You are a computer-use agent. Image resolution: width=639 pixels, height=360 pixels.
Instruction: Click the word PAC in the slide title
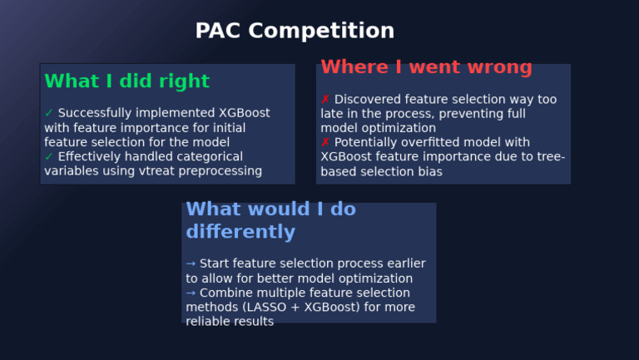click(219, 31)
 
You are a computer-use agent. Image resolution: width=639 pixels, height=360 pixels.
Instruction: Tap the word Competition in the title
click(321, 31)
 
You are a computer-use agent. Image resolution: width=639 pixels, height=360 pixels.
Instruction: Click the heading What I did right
click(126, 81)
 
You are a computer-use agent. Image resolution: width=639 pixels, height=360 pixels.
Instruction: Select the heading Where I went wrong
click(426, 67)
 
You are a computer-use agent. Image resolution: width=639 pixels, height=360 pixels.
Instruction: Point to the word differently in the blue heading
click(240, 231)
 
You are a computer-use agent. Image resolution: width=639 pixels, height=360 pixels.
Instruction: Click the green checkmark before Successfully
click(49, 113)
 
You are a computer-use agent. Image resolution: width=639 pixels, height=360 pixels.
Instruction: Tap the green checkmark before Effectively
click(49, 157)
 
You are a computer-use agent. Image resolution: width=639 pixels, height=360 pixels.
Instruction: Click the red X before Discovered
click(325, 100)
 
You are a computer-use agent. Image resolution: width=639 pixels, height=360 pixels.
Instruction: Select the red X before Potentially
click(325, 143)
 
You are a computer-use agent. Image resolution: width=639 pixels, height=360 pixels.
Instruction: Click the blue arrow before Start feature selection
click(191, 264)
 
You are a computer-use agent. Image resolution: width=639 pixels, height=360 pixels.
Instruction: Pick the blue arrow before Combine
click(191, 293)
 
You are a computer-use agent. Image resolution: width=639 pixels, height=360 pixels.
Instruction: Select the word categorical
click(211, 157)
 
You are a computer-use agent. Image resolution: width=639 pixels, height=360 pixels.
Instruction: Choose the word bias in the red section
click(428, 171)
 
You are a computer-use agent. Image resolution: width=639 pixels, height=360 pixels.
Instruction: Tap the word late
click(334, 114)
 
